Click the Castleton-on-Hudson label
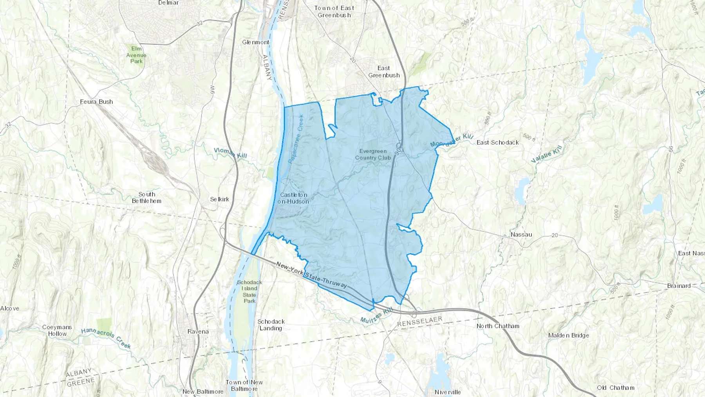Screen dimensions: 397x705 pos(293,198)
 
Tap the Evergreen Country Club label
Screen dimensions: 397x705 pos(373,154)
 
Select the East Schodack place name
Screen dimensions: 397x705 pos(497,143)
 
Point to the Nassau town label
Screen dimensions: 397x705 pos(521,235)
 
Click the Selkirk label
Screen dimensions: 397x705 pos(219,199)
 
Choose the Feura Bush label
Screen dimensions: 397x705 pos(96,102)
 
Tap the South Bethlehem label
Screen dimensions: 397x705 pos(146,198)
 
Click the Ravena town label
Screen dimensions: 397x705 pos(198,332)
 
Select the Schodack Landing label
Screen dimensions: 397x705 pos(271,325)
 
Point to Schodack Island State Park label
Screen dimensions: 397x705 pos(249,292)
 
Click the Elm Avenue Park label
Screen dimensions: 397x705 pos(136,55)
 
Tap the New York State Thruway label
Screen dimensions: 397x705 pos(311,275)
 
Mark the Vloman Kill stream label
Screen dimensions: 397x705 pos(230,153)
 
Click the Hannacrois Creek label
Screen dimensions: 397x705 pos(106,338)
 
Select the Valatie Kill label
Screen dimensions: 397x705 pos(546,154)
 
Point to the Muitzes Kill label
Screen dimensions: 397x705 pos(376,316)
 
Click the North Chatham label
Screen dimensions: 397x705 pos(498,326)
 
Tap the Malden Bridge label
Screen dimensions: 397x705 pos(568,335)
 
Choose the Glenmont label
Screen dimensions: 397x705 pos(256,42)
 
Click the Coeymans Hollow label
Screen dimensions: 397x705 pos(57,330)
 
